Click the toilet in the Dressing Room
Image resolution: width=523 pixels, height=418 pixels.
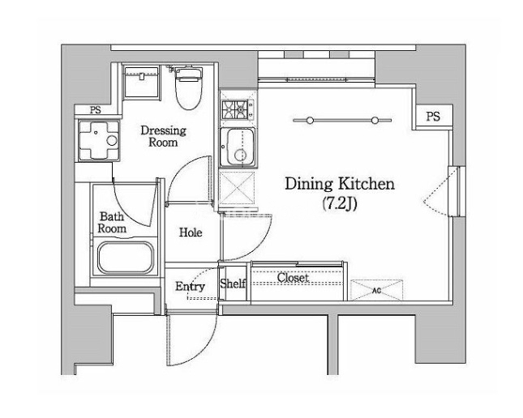(189, 88)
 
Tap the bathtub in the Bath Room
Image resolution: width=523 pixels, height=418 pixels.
(126, 258)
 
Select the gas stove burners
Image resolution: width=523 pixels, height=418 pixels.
(235, 109)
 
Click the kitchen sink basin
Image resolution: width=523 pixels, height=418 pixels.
(238, 147)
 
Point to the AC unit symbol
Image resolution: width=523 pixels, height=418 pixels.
(376, 290)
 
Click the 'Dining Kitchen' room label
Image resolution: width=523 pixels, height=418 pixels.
(340, 184)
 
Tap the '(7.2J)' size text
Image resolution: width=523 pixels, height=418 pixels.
(340, 203)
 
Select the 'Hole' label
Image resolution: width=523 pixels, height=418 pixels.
(191, 232)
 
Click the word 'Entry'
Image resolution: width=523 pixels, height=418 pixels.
(190, 287)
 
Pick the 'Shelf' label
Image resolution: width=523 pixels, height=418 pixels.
(233, 284)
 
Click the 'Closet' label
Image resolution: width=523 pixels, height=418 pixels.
(293, 278)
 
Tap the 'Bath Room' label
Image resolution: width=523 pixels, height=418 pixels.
(112, 222)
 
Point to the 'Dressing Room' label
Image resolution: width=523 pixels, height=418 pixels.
(163, 136)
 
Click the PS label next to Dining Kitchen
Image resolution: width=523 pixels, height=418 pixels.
(433, 117)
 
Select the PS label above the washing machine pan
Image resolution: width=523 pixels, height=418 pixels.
(96, 109)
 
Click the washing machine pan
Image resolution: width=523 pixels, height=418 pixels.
(98, 140)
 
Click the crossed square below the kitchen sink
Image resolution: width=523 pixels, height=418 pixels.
(237, 188)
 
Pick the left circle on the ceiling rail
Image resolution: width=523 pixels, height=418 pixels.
(310, 121)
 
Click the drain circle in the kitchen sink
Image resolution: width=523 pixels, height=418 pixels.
(240, 155)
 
